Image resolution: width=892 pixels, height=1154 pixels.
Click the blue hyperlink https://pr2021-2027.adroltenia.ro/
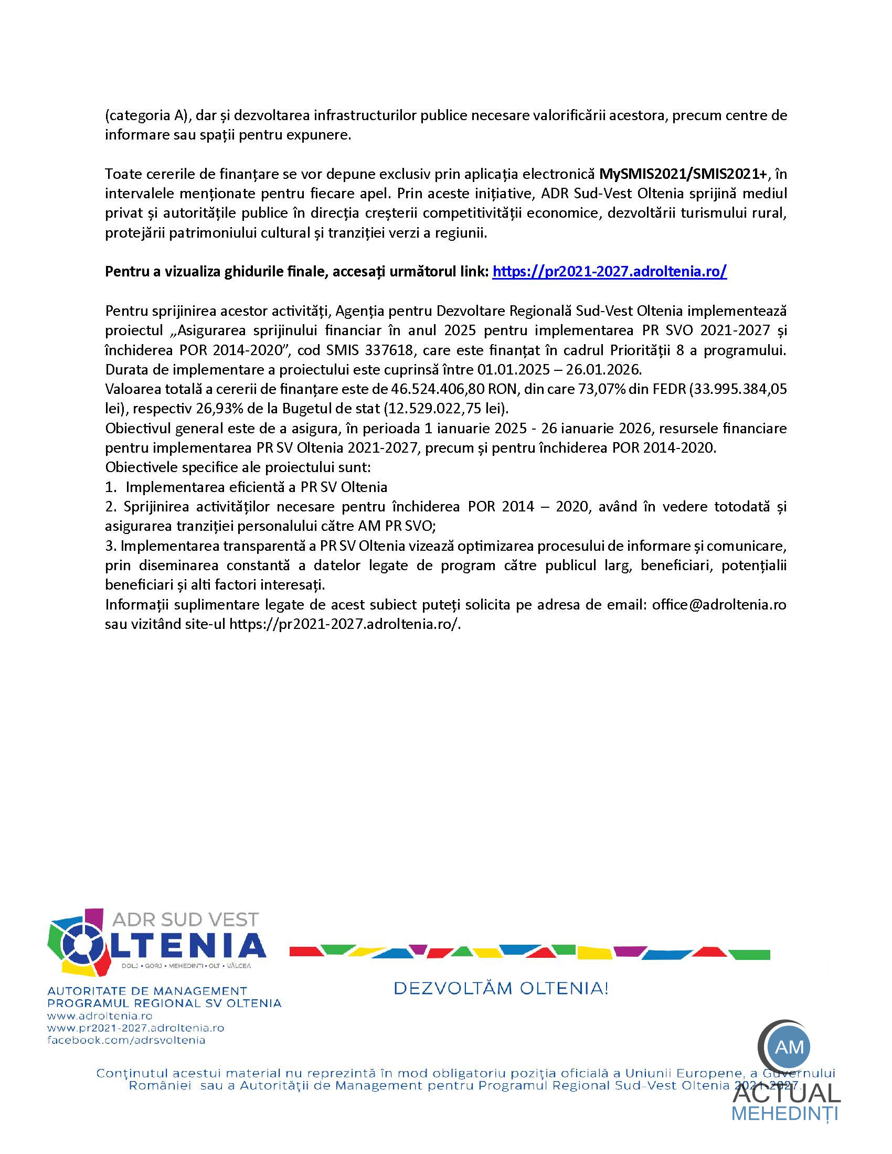pyautogui.click(x=609, y=272)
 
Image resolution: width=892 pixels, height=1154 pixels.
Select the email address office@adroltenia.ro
pyautogui.click(x=719, y=604)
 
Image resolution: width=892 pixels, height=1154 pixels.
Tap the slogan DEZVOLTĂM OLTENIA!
pyautogui.click(x=501, y=988)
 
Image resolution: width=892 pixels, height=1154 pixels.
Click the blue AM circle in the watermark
pyautogui.click(x=790, y=1047)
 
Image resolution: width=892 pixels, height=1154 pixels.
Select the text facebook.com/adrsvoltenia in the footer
pyautogui.click(x=126, y=1040)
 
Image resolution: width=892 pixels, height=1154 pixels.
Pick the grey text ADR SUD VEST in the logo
pyautogui.click(x=185, y=920)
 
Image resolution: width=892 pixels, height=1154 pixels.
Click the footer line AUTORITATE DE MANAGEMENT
pyautogui.click(x=147, y=991)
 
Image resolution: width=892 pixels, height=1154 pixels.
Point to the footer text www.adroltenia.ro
pyautogui.click(x=100, y=1016)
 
